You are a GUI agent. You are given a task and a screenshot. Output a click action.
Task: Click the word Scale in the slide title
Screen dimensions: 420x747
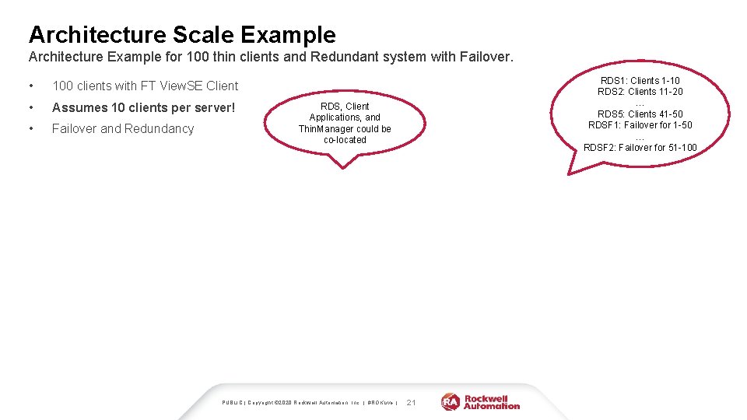[x=203, y=34]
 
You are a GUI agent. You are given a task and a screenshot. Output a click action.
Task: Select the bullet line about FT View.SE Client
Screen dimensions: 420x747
[x=145, y=86]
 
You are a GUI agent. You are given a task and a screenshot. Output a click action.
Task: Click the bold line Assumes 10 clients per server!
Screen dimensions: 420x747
[x=143, y=107]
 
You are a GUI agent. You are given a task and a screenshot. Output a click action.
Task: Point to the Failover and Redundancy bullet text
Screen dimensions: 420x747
[x=122, y=128]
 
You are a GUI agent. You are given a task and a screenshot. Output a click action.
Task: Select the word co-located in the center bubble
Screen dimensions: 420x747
[x=345, y=140]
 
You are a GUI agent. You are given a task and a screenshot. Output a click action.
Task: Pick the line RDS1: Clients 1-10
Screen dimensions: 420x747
[x=640, y=81]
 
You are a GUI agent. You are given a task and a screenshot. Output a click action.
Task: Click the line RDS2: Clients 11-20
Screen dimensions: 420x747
[x=640, y=92]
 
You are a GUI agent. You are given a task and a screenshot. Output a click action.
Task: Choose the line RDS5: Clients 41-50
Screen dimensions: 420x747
[x=640, y=114]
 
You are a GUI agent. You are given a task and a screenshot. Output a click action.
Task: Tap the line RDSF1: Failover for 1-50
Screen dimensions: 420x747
[x=640, y=125]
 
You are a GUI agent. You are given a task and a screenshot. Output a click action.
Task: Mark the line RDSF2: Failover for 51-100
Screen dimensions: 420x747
[x=640, y=148]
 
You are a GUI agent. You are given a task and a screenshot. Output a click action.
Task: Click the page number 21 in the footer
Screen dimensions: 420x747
[x=412, y=402]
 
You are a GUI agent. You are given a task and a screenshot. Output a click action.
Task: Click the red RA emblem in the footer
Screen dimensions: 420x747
[x=451, y=402]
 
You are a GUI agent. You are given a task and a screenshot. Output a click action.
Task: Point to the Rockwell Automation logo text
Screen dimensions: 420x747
[x=492, y=402]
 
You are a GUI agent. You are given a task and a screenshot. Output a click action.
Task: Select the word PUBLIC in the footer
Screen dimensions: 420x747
[x=232, y=403]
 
